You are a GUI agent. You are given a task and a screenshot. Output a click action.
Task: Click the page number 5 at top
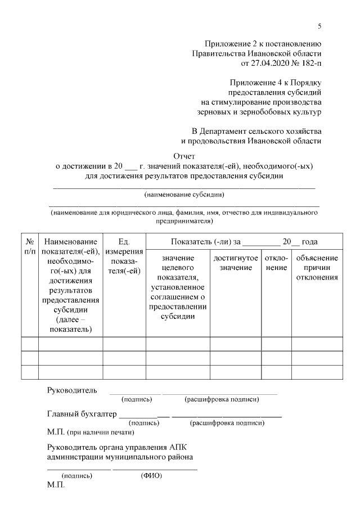click(x=319, y=26)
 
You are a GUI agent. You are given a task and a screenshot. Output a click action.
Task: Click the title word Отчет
click(x=183, y=156)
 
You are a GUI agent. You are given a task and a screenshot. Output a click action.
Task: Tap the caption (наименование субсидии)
click(x=184, y=195)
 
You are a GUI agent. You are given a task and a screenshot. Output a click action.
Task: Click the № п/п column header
click(x=29, y=246)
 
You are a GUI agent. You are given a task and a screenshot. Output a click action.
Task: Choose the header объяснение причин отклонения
click(x=316, y=267)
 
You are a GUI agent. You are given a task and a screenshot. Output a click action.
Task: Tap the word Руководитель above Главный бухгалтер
click(x=72, y=390)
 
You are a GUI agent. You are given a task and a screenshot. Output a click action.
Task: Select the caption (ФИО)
click(x=151, y=475)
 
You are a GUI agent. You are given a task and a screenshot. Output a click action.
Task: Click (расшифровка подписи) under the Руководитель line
click(x=221, y=399)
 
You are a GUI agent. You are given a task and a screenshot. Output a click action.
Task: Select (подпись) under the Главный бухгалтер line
click(x=144, y=423)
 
